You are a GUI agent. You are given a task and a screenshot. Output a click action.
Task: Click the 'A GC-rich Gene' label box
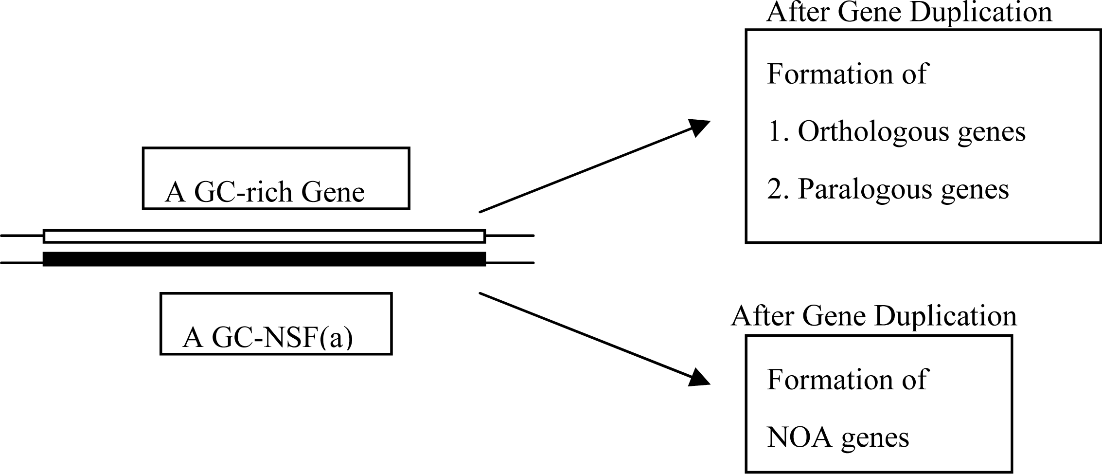pos(276,179)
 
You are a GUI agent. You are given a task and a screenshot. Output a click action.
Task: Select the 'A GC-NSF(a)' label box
pos(276,324)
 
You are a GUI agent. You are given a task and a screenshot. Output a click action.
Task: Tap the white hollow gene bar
pos(264,236)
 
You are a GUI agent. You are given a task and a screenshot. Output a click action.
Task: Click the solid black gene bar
pos(264,259)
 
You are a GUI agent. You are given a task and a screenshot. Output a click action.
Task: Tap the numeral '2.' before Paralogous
pos(778,189)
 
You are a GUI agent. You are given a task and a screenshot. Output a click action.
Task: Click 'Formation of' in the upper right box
pos(847,74)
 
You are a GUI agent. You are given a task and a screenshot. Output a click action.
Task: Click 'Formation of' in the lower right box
pos(847,379)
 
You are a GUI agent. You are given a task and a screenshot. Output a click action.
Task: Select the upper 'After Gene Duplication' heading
pos(908,12)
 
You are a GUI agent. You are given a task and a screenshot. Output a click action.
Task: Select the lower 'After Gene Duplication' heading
pos(873,316)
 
